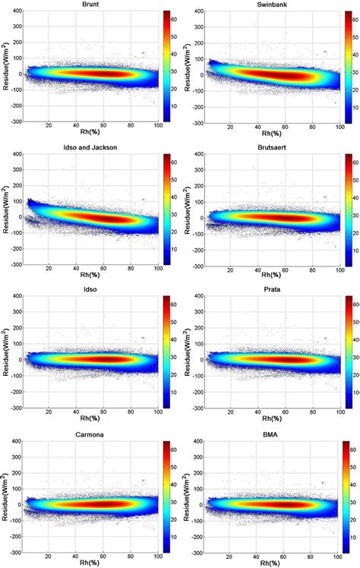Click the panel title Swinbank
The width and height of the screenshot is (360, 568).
(266, 5)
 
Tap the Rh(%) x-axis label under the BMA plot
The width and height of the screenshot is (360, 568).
(267, 563)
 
